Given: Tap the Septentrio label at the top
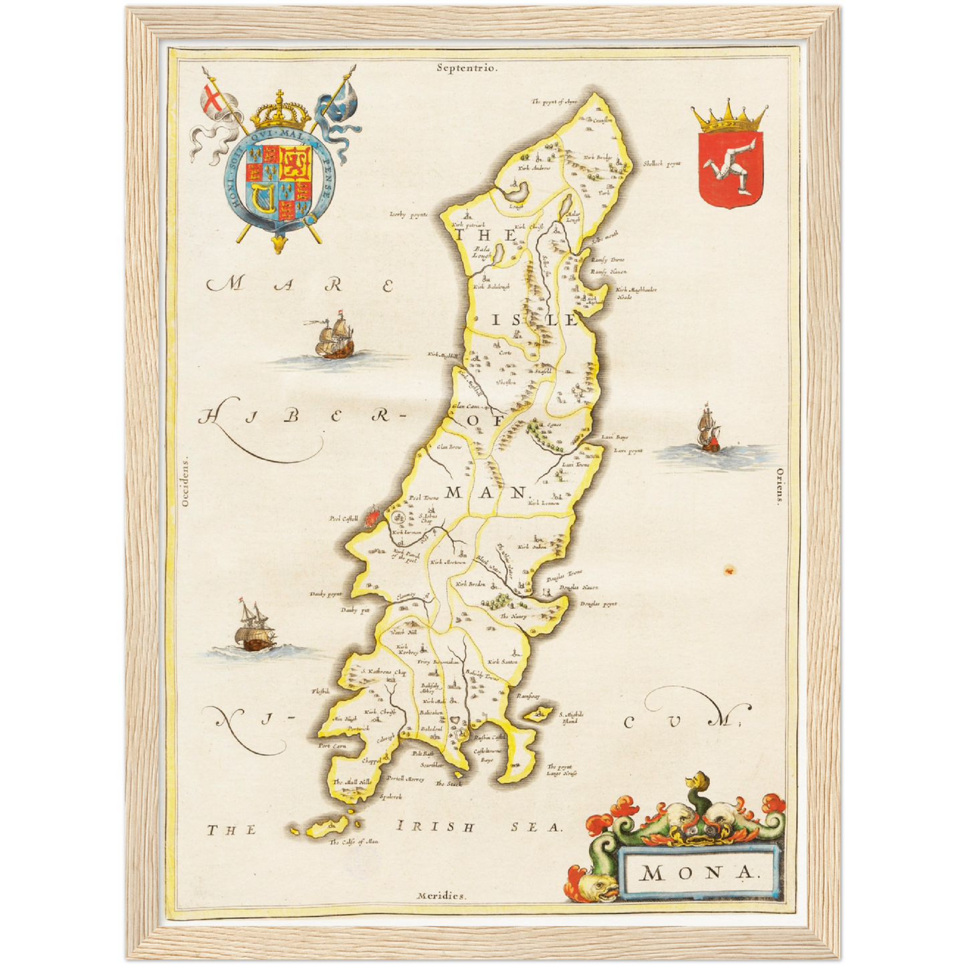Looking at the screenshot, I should click(x=467, y=67).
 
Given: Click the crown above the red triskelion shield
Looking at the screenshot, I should click(x=730, y=118).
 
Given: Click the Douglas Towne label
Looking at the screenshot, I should click(x=564, y=572).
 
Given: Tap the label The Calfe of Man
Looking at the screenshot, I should click(x=354, y=842).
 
